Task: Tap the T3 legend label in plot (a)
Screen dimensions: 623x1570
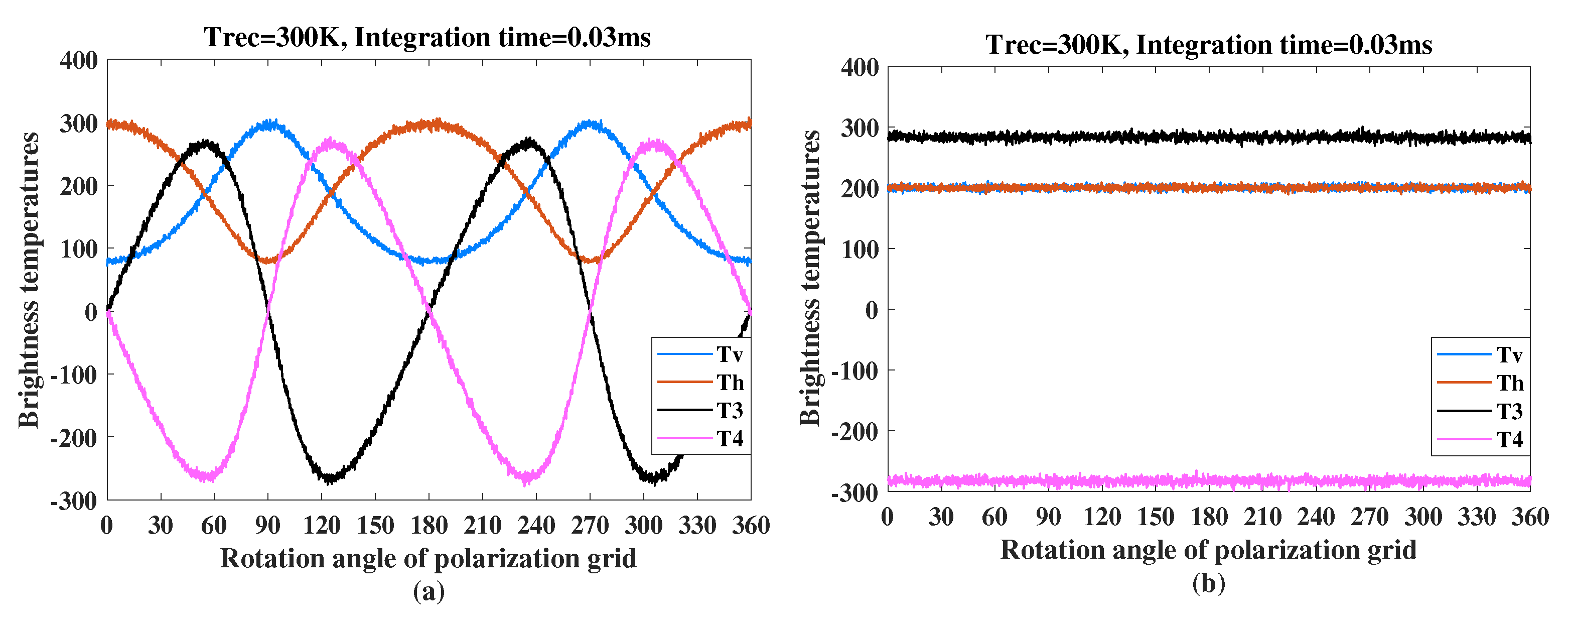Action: (x=729, y=411)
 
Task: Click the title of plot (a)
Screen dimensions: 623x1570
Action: (x=427, y=37)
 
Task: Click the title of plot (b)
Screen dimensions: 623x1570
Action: (x=1209, y=45)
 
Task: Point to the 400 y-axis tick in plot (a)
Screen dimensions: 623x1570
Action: (x=79, y=60)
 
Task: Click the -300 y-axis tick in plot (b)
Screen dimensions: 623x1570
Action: (x=855, y=492)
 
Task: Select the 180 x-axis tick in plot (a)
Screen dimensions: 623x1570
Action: (x=429, y=525)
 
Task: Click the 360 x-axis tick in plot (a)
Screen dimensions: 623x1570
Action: (x=750, y=525)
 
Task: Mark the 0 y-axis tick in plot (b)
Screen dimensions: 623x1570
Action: (x=872, y=310)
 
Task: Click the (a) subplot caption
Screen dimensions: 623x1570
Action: (x=429, y=591)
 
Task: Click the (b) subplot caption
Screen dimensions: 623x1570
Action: (x=1209, y=583)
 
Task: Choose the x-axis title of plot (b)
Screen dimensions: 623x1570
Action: (x=1209, y=550)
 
